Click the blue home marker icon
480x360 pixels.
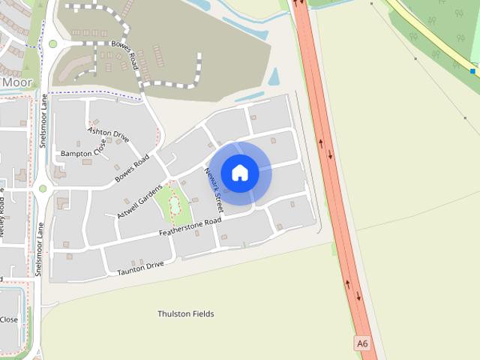click(x=240, y=173)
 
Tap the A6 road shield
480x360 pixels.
click(x=363, y=343)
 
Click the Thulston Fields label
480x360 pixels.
click(x=186, y=313)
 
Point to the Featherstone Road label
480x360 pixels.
click(x=190, y=228)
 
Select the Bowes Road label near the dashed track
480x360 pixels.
click(x=124, y=51)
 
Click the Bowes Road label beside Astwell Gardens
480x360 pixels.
click(x=132, y=169)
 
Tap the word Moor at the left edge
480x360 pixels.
click(x=16, y=81)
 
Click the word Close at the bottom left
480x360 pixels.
click(x=9, y=319)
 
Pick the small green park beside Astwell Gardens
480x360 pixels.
click(x=174, y=203)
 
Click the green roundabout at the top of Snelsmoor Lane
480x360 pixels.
click(x=52, y=44)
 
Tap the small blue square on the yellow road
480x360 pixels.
click(x=472, y=71)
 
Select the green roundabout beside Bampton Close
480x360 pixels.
click(x=43, y=188)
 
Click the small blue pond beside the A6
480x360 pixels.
click(x=274, y=76)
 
